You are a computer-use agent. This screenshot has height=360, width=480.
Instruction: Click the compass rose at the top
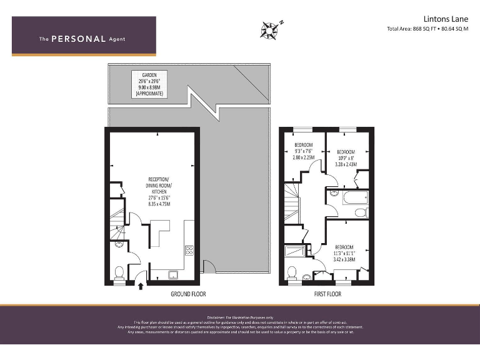point(271,28)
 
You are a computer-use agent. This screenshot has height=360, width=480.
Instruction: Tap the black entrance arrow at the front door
point(141,286)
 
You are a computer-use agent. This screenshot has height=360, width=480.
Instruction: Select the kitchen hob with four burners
point(189,250)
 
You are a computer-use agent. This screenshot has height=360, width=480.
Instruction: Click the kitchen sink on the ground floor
point(173,273)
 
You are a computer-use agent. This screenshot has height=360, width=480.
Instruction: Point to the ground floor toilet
point(119,272)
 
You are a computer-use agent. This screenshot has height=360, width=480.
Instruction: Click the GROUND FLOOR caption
point(188,294)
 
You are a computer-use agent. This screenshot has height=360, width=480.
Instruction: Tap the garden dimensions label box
point(149,84)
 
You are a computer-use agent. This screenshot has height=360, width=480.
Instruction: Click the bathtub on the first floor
point(349,198)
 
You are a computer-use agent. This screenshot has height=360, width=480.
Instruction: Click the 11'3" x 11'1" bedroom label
point(344,252)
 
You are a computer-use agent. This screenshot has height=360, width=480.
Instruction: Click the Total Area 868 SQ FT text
point(427,29)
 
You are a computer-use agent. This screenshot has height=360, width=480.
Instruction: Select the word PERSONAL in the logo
point(78,39)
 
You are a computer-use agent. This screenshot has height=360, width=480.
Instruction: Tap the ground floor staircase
point(116,225)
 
